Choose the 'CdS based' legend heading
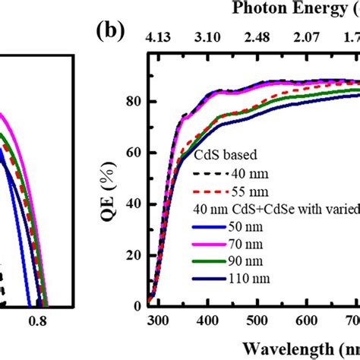tap(219, 155)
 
